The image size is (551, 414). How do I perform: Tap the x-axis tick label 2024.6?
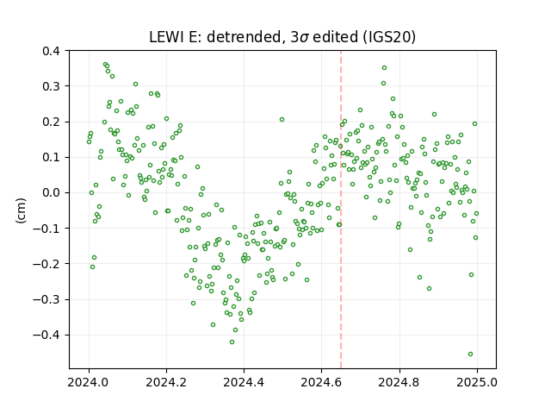tap(321, 382)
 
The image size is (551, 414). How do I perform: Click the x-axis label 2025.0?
tap(477, 382)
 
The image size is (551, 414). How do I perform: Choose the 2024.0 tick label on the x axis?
tap(89, 382)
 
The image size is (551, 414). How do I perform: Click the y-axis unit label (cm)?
tap(21, 210)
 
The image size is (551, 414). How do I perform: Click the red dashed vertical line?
tap(341, 210)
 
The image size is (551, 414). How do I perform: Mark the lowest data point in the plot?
tap(471, 354)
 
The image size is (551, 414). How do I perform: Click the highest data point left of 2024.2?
tap(105, 65)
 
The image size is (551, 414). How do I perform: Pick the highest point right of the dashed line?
tap(385, 67)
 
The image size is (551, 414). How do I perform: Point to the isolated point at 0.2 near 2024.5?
tap(282, 120)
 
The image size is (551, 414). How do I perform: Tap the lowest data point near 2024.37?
tap(232, 342)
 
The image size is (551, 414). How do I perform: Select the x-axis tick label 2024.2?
tap(166, 382)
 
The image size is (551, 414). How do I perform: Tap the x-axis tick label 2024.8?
tap(399, 382)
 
